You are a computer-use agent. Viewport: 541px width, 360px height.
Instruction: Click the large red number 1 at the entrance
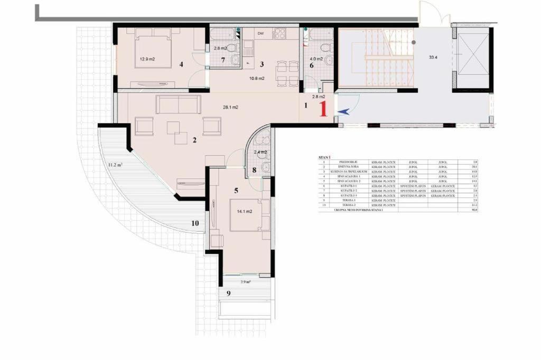click(324, 108)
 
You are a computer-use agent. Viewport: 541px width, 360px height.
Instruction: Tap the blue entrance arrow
click(343, 111)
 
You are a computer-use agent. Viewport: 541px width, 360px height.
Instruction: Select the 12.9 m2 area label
click(147, 59)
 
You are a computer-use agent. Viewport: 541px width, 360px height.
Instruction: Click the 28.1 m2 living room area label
click(230, 107)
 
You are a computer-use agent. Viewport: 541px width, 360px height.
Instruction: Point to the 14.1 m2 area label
click(244, 211)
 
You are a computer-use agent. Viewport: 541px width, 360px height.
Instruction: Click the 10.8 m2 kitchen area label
click(257, 78)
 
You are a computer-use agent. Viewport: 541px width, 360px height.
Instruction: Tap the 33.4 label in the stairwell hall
click(433, 57)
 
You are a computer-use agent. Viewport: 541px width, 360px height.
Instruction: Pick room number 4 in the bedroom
click(181, 64)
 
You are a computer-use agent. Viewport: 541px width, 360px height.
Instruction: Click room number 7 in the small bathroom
click(223, 60)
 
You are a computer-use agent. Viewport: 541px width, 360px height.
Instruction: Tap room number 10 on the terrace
click(195, 223)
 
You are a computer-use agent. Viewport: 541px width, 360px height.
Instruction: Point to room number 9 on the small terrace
click(228, 293)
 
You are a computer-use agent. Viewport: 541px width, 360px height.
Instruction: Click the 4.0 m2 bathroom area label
click(316, 52)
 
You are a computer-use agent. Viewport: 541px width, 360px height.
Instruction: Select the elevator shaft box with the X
click(472, 58)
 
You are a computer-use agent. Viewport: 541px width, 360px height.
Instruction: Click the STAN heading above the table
click(323, 157)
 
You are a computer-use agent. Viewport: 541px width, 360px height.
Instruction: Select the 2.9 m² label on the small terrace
click(245, 282)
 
